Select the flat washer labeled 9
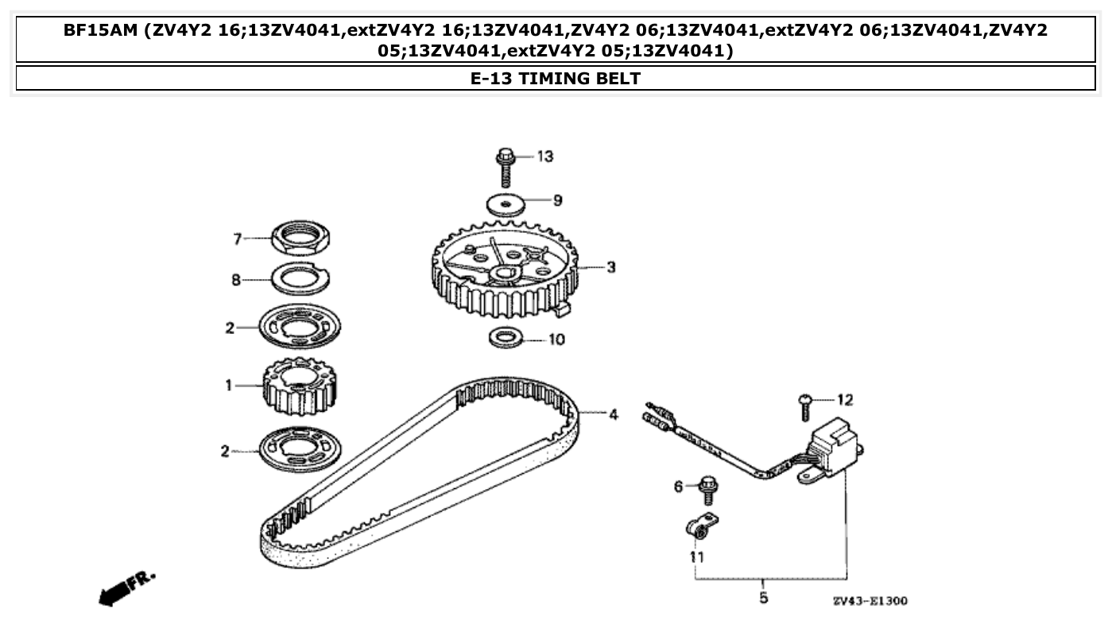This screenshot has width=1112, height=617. [506, 203]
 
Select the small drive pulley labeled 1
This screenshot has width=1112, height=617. [300, 387]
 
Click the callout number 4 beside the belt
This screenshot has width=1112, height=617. [613, 414]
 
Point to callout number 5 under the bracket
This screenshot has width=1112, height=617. [763, 597]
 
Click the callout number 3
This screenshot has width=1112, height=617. [610, 268]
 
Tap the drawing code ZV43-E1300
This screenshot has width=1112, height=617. [870, 601]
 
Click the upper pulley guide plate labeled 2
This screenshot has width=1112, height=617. [300, 326]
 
